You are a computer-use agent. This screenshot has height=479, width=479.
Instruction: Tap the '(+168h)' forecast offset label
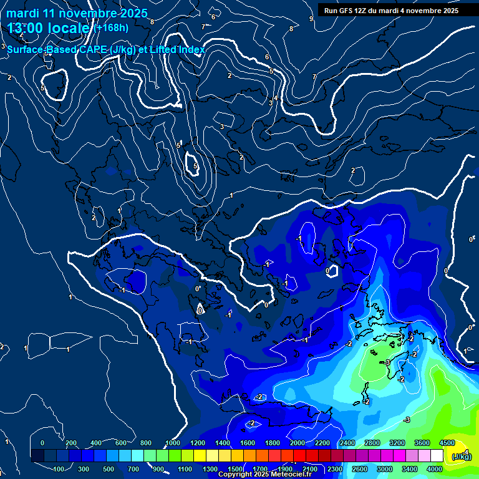(x=112, y=27)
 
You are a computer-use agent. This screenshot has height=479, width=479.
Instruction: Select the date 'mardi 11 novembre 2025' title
(x=77, y=13)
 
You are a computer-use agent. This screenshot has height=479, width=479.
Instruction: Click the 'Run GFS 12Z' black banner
(x=390, y=11)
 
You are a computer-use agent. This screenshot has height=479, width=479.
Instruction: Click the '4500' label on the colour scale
(x=447, y=443)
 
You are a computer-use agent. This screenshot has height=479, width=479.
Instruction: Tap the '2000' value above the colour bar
(x=297, y=443)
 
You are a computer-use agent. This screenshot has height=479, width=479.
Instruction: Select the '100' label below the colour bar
(x=60, y=469)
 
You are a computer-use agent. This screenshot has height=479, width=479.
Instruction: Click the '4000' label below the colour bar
(x=434, y=469)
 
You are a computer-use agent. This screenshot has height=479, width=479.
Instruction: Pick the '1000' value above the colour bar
(x=172, y=443)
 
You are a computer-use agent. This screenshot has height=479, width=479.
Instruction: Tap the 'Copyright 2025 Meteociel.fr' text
(x=264, y=475)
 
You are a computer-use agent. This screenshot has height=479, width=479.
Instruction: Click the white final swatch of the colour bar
(x=437, y=456)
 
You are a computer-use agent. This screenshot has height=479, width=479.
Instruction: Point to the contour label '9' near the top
(x=311, y=19)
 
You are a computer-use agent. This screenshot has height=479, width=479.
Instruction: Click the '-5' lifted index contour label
(x=387, y=362)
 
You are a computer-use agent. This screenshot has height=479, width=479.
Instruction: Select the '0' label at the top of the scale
(x=42, y=443)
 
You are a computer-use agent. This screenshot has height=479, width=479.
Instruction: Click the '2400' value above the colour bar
(x=347, y=443)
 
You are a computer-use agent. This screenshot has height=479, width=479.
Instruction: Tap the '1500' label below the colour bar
(x=235, y=469)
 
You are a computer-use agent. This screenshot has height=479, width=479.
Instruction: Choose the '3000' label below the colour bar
(x=384, y=469)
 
